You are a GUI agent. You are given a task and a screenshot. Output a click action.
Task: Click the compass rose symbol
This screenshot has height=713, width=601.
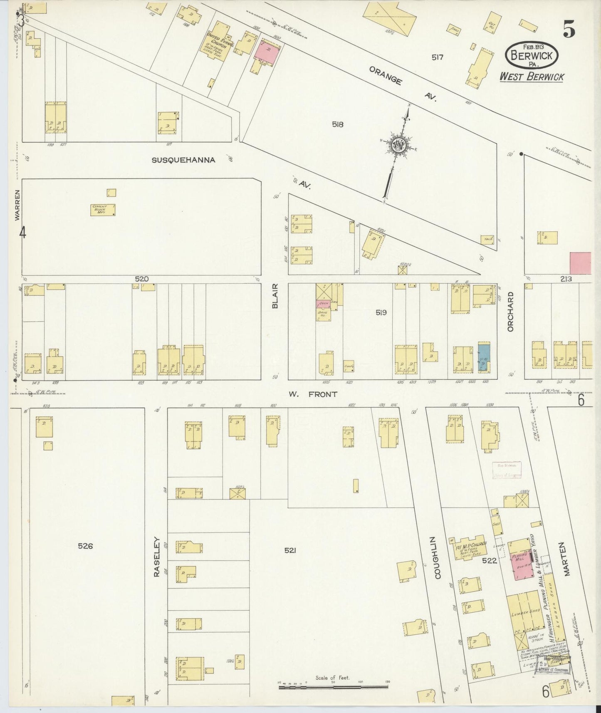398,145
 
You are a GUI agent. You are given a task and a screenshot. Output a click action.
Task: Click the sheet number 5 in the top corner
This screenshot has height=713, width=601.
569,29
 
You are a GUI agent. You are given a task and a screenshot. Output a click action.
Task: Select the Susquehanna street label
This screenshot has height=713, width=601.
183,160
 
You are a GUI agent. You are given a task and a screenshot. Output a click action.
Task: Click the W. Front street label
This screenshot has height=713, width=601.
313,394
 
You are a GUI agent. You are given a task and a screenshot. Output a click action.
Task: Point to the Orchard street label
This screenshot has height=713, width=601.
511,312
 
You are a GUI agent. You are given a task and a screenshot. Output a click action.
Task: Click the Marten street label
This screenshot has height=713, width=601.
567,558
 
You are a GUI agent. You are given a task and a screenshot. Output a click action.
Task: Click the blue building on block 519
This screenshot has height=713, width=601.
484,358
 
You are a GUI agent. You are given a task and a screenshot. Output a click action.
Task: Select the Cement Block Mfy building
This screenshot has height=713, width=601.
103,210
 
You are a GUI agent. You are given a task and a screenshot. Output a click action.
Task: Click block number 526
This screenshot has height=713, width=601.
85,546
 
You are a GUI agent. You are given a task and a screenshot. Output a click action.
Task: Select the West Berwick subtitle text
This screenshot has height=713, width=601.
532,77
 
